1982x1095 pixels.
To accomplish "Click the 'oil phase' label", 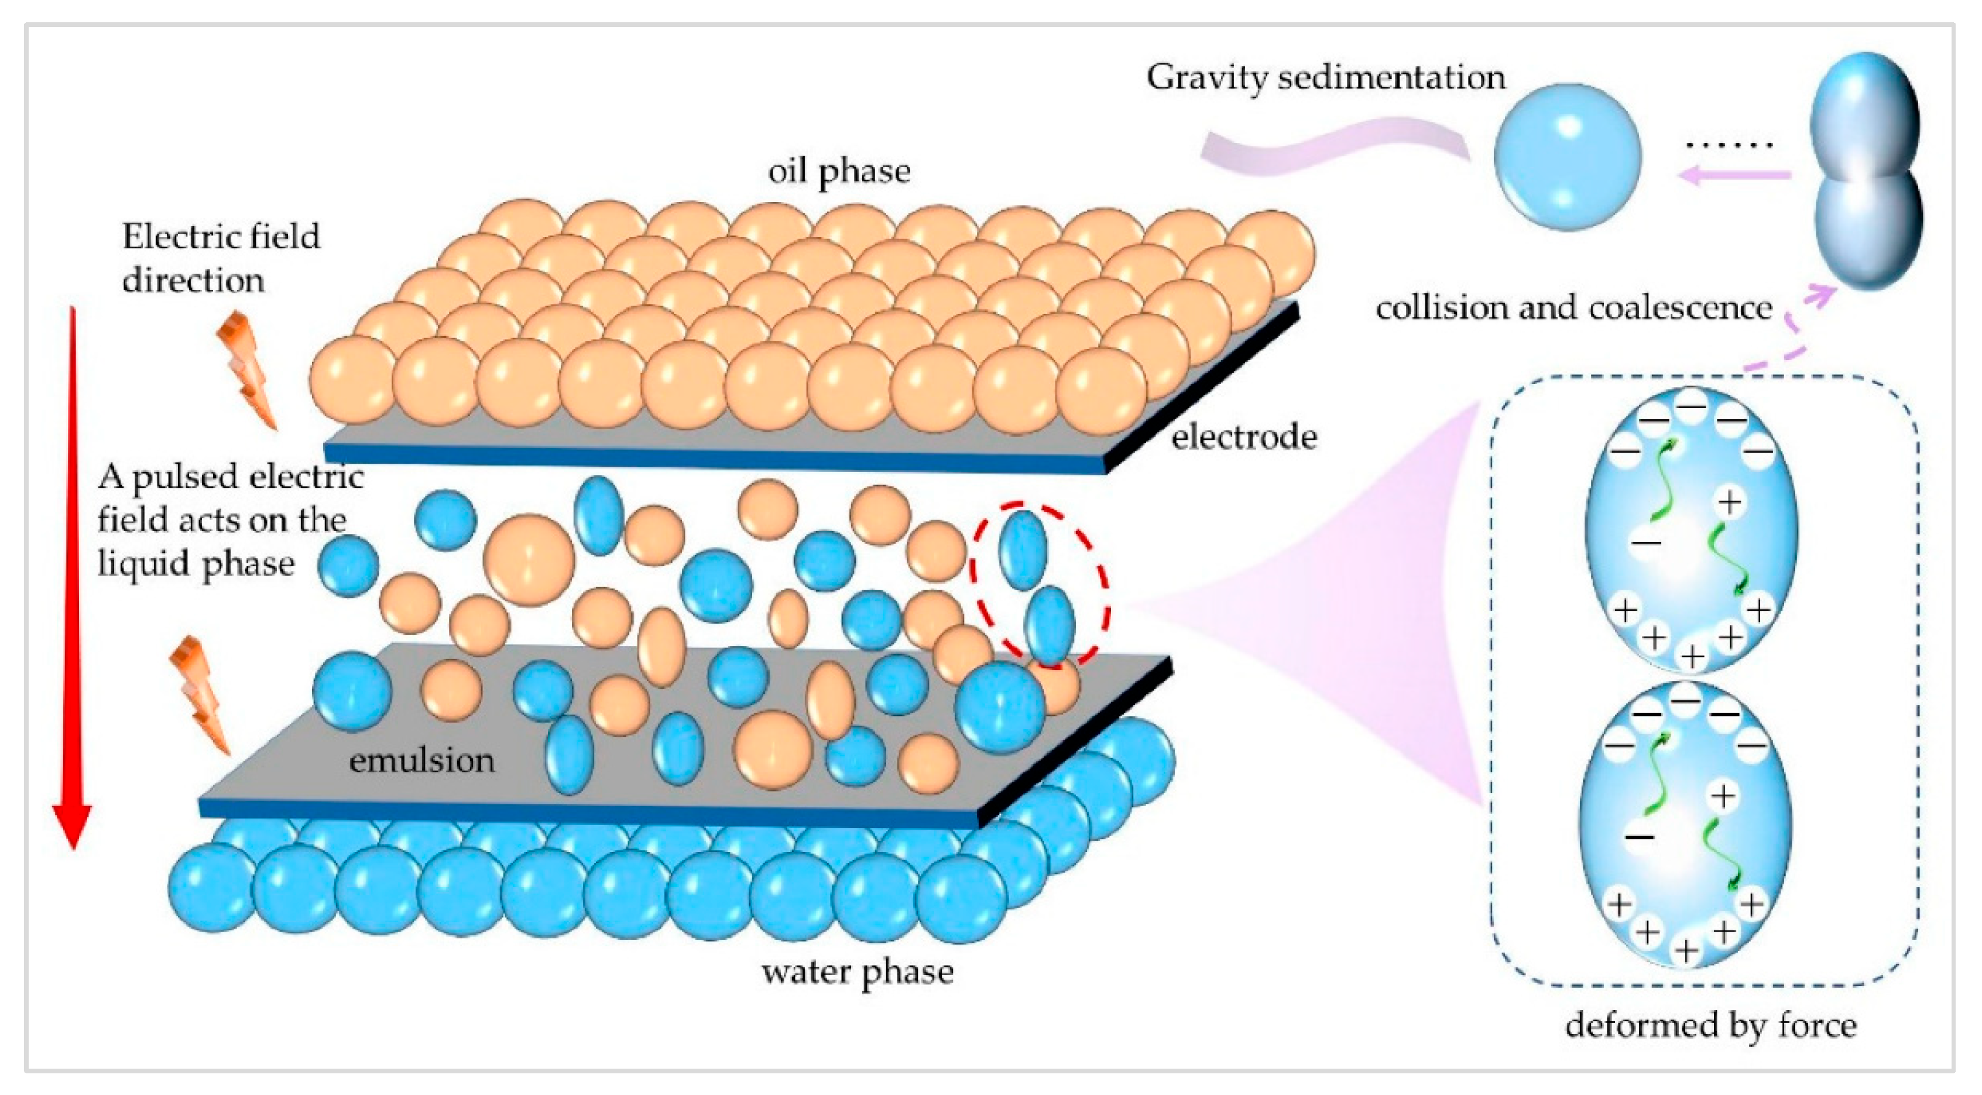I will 839,172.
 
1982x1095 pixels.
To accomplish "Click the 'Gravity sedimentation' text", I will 1325,78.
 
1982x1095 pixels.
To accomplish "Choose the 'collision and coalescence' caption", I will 1574,308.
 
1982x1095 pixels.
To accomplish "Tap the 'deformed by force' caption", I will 1710,1025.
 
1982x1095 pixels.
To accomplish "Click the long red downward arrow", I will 73,577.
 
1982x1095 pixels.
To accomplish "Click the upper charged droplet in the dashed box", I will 1691,531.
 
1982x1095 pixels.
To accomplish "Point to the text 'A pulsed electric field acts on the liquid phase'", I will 229,521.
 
